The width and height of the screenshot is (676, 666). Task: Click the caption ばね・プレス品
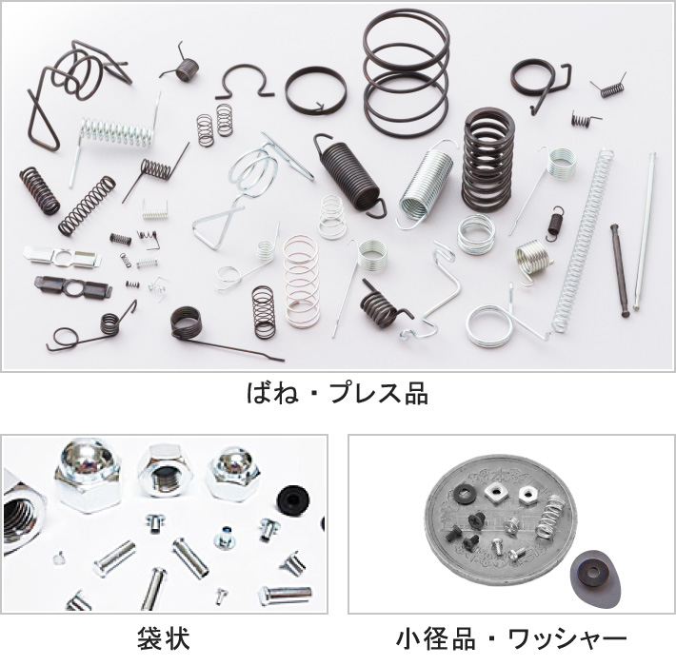[337, 393]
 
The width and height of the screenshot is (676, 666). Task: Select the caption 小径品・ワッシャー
[511, 636]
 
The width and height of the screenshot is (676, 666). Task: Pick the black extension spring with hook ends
[349, 173]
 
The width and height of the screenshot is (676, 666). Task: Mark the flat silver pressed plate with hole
[59, 257]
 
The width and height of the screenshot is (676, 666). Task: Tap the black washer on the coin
[464, 494]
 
